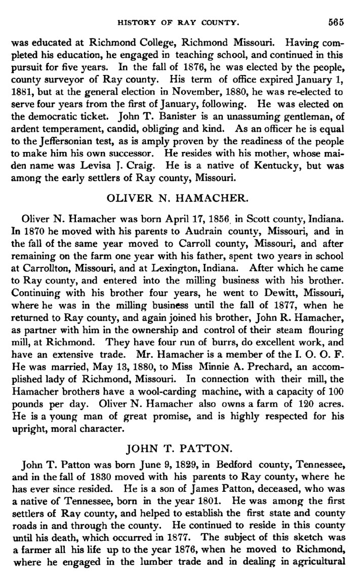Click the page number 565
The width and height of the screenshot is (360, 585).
[335, 22]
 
